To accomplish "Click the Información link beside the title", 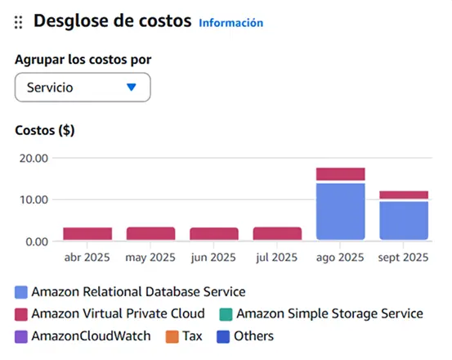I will [231, 23].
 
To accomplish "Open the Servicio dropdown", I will [83, 87].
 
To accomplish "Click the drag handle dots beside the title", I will [18, 23].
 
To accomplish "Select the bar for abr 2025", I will [87, 234].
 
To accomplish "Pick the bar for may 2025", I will [150, 233].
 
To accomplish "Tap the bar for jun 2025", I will [214, 234].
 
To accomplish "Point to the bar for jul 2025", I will [277, 233].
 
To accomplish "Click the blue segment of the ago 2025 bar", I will [340, 211].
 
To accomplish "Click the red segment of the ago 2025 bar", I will [340, 173].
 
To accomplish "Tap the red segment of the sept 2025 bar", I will [404, 195].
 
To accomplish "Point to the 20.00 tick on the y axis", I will [34, 158].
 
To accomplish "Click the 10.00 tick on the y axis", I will [34, 200].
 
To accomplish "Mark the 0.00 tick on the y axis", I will [37, 241].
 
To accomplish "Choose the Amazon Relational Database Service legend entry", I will [131, 291].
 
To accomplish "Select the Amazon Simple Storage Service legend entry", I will [322, 313].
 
